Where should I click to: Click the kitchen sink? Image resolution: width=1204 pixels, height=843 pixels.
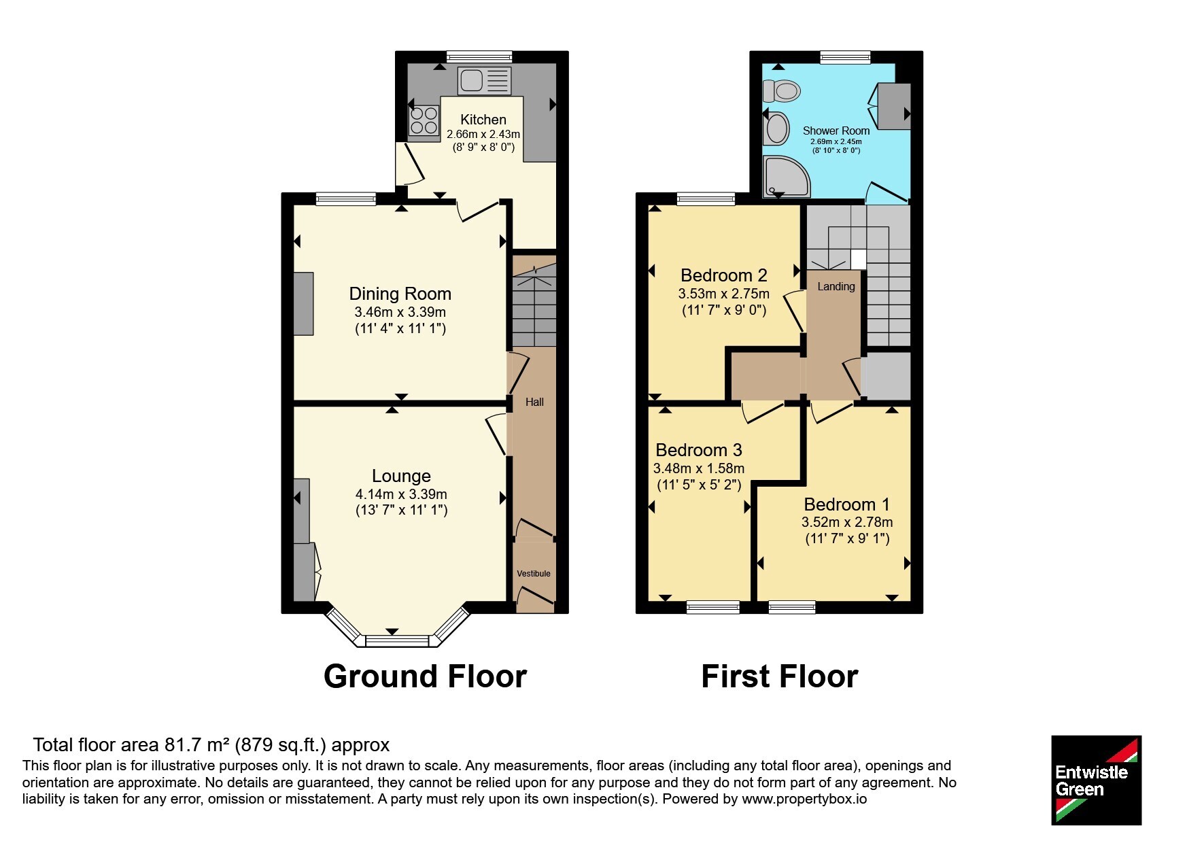484,80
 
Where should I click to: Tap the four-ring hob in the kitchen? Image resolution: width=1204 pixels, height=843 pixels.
424,121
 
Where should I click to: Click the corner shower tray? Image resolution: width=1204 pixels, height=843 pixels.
787,176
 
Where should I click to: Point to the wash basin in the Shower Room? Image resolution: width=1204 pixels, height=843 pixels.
776,128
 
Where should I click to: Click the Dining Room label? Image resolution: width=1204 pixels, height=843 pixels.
400,294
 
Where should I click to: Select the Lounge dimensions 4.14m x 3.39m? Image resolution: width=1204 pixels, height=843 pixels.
401,494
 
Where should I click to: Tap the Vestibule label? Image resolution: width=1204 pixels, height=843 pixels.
534,574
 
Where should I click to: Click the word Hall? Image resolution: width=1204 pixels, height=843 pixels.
534,402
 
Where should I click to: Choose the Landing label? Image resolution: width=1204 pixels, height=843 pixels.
836,287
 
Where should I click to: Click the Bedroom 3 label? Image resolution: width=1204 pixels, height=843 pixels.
699,450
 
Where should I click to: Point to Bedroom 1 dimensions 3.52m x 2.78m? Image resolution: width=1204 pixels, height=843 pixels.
847,522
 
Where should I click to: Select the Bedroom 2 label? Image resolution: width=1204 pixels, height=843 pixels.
724,275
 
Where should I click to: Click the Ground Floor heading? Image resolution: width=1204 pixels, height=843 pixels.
426,676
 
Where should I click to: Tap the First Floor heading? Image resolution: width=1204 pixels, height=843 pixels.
780,676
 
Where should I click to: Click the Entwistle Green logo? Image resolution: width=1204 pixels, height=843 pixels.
1096,780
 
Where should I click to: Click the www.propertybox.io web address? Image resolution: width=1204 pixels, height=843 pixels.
804,799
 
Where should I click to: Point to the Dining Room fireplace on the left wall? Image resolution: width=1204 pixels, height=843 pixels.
304,303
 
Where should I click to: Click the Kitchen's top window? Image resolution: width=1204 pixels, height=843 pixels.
479,57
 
